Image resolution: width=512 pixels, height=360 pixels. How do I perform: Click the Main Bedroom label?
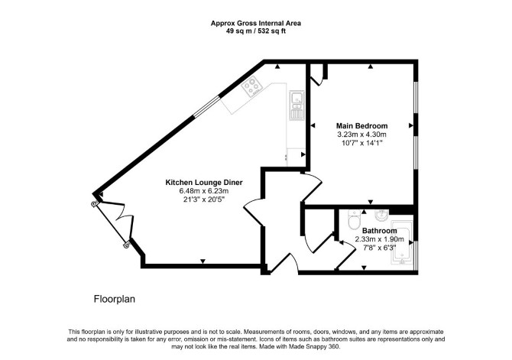point(361,126)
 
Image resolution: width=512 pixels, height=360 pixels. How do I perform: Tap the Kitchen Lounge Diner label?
point(204,182)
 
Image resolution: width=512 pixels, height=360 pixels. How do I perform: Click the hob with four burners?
point(252,86)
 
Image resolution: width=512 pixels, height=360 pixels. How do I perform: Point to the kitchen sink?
point(297,105)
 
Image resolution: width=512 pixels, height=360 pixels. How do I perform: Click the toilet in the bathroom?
point(354,220)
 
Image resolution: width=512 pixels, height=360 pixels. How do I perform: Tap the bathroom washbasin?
point(381,215)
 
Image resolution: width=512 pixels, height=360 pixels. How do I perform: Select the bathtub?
point(402,242)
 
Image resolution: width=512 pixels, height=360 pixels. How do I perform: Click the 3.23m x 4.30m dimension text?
point(361,135)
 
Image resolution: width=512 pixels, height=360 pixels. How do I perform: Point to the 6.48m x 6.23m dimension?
point(204,191)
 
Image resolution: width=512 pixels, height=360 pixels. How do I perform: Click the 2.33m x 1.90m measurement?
point(380,239)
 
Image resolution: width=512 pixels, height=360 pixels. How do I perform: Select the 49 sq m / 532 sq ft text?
point(256,31)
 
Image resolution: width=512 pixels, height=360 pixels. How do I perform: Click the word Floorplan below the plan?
point(115,299)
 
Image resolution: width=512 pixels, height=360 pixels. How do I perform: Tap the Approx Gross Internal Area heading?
point(256,23)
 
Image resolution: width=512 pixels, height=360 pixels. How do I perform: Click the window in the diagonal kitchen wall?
point(206,105)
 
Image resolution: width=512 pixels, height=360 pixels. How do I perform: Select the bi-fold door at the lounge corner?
point(112,225)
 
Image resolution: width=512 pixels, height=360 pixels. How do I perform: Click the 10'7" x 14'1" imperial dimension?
point(361,143)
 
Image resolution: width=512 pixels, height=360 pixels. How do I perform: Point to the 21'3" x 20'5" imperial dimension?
point(204,199)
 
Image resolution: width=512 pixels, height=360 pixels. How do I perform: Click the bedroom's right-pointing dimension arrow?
point(411,125)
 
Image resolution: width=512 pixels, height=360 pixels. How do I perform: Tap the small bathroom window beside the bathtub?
point(416,256)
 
